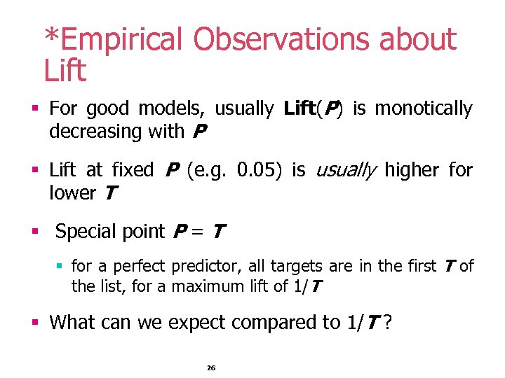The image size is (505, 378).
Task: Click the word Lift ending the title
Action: [x=65, y=71]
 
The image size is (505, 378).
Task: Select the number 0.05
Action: [x=261, y=170]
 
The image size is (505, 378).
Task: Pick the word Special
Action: [x=84, y=231]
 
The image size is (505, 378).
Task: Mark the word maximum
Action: [x=203, y=286]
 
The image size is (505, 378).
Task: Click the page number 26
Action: [x=210, y=368]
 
